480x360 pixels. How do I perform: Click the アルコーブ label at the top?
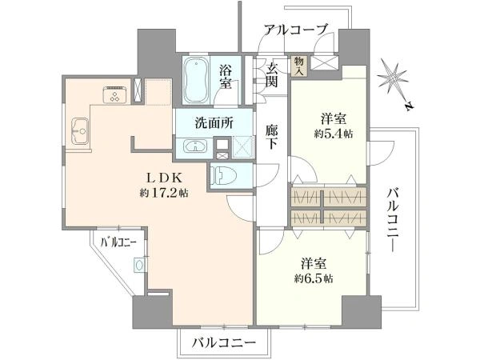pos(297,30)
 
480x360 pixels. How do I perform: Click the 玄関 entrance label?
pos(274,74)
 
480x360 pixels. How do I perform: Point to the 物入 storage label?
pos(299,64)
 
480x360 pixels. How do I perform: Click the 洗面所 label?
pos(214,123)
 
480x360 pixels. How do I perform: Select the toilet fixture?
pos(223,176)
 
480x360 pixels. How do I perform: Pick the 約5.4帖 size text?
pos(335,134)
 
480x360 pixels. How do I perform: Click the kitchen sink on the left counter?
pos(79,129)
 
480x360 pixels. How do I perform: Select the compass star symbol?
pos(394,81)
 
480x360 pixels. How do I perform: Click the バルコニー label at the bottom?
pos(223,343)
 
